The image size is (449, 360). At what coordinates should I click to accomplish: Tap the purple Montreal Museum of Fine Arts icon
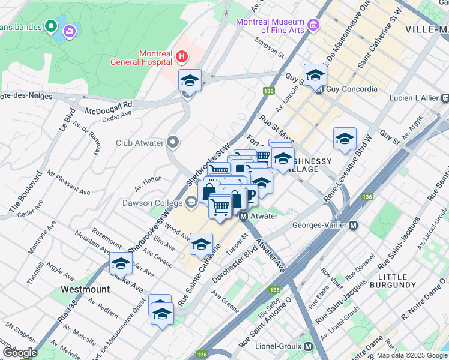[313, 25]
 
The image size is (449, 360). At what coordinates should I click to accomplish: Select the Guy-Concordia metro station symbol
[319, 89]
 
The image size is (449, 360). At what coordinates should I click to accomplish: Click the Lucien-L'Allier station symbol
[445, 98]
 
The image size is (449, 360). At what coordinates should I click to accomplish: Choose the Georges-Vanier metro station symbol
[354, 226]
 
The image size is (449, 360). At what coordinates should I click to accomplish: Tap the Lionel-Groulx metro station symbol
[309, 347]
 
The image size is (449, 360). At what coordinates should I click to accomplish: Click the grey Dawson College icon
[191, 203]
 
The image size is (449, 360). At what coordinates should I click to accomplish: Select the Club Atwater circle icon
[173, 143]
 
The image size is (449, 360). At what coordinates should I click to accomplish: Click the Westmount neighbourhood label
[85, 289]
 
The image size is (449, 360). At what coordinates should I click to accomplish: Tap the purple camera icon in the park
[70, 31]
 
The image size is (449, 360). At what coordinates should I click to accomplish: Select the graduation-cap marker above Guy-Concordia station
[315, 75]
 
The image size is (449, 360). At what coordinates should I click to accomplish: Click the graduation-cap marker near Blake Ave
[121, 263]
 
